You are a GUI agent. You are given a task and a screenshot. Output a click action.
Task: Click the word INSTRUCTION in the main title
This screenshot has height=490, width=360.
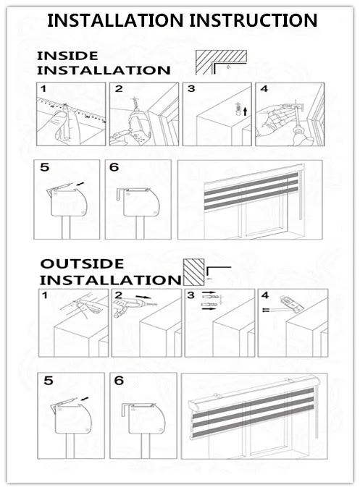tap(254, 20)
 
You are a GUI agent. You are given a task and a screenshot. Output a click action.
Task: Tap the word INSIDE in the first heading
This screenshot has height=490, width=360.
tap(67, 56)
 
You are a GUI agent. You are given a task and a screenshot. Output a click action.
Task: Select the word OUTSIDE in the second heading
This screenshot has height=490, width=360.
tap(82, 263)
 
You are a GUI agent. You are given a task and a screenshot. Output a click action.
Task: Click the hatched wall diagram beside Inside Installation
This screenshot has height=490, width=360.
tap(221, 62)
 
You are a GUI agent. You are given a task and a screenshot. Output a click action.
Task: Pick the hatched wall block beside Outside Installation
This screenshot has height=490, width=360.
tap(193, 272)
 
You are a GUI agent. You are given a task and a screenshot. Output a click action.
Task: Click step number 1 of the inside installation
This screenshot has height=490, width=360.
tap(43, 89)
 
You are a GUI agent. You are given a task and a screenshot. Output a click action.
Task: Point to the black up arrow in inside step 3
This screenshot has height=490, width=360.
tap(246, 111)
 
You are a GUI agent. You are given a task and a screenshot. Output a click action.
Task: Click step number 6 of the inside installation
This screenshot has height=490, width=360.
tap(114, 167)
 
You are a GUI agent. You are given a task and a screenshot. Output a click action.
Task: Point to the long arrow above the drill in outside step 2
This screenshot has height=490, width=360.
tap(143, 297)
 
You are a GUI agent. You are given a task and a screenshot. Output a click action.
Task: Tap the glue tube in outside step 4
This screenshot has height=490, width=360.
tap(292, 303)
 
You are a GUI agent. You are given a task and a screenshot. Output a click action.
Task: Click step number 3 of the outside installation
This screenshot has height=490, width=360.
tap(191, 295)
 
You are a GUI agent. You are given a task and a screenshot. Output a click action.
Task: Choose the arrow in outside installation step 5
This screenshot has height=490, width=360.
tap(85, 399)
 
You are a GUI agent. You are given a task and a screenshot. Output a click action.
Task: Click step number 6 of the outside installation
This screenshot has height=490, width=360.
tap(119, 381)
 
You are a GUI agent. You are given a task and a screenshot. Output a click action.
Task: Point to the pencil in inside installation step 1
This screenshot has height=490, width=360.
tap(67, 122)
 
